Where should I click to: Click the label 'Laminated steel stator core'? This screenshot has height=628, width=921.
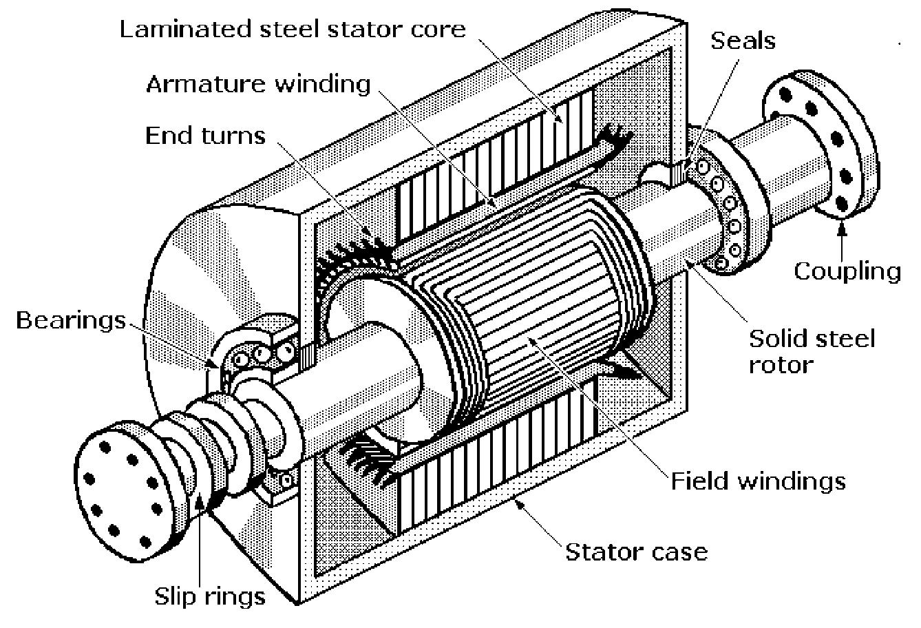click(x=293, y=30)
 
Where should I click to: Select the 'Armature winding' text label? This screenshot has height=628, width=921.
click(x=258, y=84)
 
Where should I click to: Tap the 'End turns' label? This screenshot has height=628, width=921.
click(x=205, y=136)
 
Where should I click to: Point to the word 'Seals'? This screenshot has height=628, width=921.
click(x=743, y=41)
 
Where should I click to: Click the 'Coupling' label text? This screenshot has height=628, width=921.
click(x=847, y=271)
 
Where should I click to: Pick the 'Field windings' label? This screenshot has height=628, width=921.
click(x=758, y=480)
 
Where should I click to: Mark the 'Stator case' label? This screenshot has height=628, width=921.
click(x=636, y=551)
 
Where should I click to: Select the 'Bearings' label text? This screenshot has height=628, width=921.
click(x=72, y=320)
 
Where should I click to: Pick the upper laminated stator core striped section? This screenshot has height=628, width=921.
click(x=496, y=151)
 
